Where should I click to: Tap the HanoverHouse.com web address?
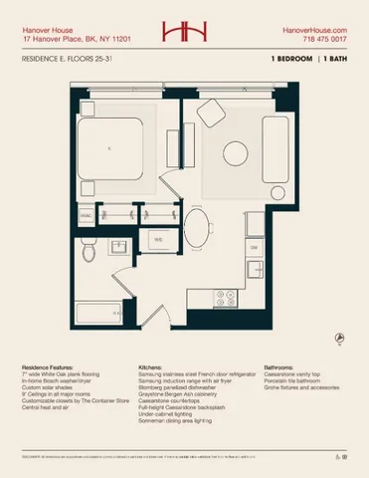point(314,31)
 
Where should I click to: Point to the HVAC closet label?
point(88,214)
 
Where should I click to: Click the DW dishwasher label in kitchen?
point(254,246)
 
